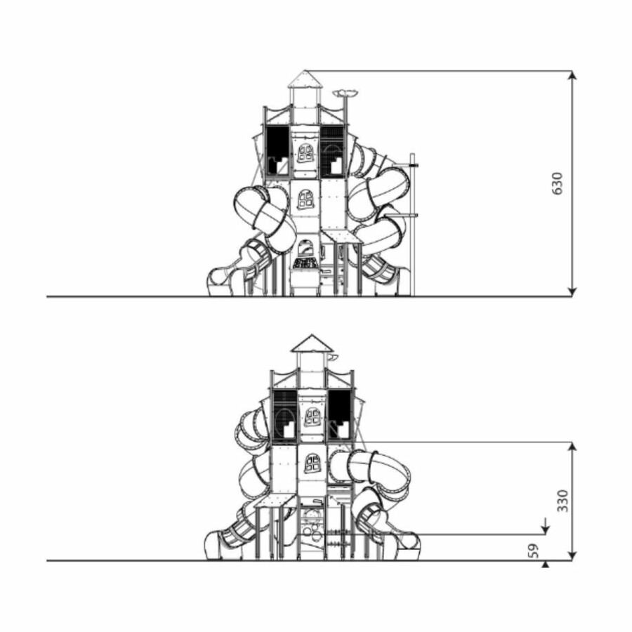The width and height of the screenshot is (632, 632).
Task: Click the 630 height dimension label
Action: [x=557, y=183]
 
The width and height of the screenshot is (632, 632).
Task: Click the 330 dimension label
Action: [x=562, y=501]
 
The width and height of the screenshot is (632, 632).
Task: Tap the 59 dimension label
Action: [x=533, y=551]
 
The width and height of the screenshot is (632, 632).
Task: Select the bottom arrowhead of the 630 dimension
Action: [x=572, y=292]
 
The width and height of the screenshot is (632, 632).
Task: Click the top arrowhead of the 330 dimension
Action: [x=572, y=447]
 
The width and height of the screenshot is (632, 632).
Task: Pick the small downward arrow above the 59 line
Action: [x=546, y=526]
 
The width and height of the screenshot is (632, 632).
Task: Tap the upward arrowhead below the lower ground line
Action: [x=546, y=565]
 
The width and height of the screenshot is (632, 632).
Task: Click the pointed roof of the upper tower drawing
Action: [x=305, y=79]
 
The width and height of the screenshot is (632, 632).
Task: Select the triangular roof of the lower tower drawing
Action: [x=312, y=343]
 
